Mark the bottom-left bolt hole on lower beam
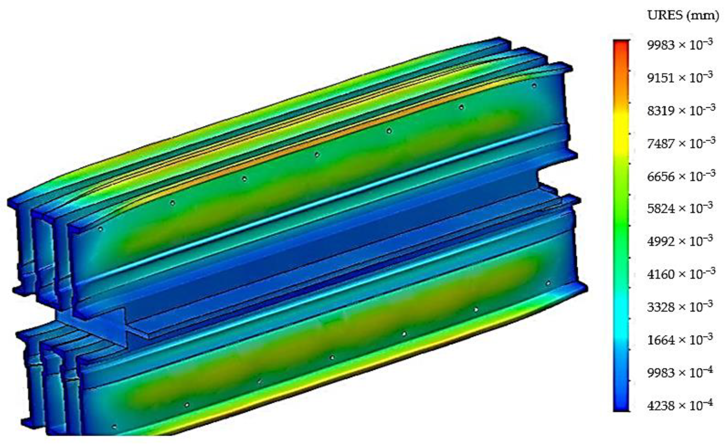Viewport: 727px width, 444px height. (x=114, y=427)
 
